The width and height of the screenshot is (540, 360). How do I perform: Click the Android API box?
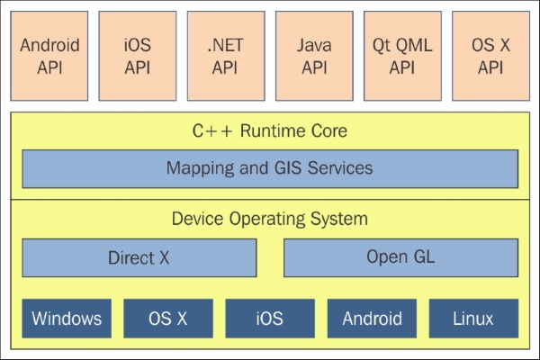click(x=49, y=55)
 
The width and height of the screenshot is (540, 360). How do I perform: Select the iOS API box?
click(x=138, y=55)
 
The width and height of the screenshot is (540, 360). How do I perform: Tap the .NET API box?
click(x=226, y=55)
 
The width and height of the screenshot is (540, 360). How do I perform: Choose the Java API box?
click(x=314, y=55)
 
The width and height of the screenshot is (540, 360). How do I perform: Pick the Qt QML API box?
click(x=402, y=55)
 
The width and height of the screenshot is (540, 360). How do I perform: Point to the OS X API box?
click(x=490, y=55)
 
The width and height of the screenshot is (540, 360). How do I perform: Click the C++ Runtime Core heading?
click(x=270, y=131)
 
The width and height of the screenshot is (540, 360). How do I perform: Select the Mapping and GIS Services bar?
click(x=270, y=168)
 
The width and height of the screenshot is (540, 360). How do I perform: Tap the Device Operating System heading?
click(x=270, y=219)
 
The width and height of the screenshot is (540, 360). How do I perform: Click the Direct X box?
click(x=139, y=257)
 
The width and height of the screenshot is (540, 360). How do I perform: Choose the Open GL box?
click(x=400, y=257)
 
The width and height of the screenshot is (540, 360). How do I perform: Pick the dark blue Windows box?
click(x=67, y=318)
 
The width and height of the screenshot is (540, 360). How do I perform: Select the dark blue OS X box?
click(x=168, y=318)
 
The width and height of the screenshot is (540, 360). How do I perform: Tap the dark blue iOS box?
click(x=270, y=318)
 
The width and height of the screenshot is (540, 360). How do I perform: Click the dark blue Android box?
click(x=372, y=318)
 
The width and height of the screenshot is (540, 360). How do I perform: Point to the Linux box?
click(x=473, y=318)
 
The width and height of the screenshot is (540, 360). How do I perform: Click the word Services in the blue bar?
click(x=338, y=168)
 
